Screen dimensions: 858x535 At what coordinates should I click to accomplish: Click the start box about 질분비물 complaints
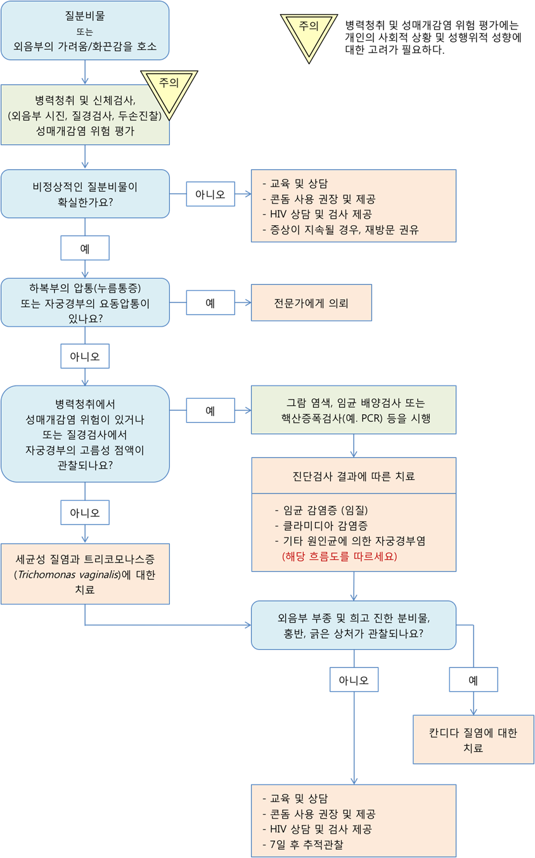tap(85, 30)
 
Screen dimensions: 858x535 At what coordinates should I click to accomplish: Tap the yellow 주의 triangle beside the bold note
tap(309, 32)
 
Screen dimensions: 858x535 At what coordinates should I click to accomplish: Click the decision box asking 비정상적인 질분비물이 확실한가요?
tap(85, 194)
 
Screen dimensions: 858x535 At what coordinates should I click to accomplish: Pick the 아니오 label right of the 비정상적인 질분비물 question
tap(210, 194)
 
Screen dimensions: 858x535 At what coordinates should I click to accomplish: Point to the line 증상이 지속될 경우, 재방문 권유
tap(340, 230)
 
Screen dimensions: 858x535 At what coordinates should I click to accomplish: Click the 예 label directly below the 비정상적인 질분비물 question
tap(85, 249)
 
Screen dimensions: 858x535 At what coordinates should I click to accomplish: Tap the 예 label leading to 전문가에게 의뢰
tap(210, 303)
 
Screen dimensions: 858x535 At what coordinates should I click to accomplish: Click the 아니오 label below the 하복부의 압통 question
tap(85, 357)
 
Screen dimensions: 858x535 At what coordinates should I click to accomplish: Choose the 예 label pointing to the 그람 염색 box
tap(210, 410)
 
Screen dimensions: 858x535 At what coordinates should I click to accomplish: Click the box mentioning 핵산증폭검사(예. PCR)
tap(354, 410)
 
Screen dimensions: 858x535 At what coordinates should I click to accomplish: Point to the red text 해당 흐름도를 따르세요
tap(340, 556)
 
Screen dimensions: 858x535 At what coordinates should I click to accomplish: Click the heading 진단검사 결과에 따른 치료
tap(354, 476)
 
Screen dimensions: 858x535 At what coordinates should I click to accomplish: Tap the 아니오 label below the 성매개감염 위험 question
tap(85, 512)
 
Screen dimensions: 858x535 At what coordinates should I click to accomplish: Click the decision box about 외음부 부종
tap(354, 625)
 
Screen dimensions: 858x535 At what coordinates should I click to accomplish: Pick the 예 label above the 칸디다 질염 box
tap(473, 680)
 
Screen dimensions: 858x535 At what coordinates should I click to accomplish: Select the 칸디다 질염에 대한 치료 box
tap(473, 739)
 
